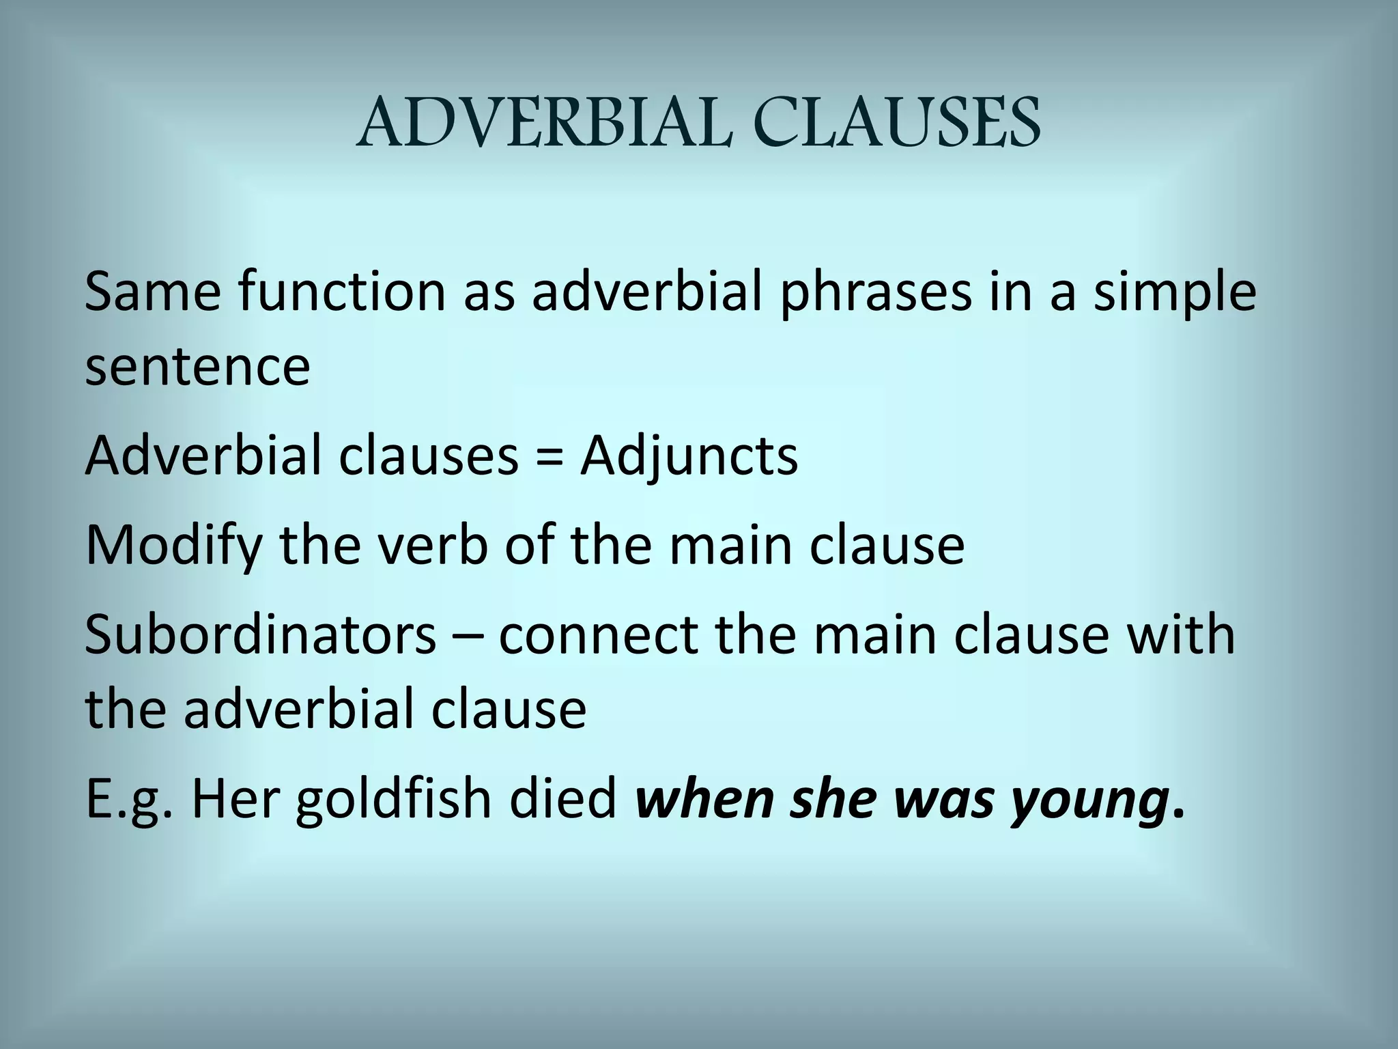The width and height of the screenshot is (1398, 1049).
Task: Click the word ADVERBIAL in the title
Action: (x=543, y=123)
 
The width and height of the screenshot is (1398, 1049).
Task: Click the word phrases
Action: (x=875, y=292)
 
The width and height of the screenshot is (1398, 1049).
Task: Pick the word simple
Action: (x=1174, y=292)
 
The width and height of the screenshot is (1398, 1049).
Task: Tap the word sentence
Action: (x=197, y=366)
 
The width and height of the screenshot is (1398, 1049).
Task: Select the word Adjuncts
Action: (x=689, y=456)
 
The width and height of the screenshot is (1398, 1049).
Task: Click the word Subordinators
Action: (x=260, y=634)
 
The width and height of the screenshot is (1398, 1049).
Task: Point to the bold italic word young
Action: (x=1088, y=800)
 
